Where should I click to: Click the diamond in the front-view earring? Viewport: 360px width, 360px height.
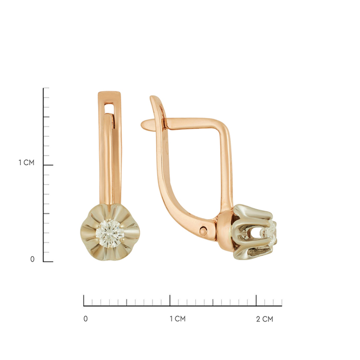pos(110,233)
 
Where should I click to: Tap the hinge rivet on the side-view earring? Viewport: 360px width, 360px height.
pos(203,230)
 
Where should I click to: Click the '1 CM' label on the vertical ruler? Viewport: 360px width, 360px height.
pos(26,163)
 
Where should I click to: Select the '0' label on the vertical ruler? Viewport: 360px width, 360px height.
pos(32,259)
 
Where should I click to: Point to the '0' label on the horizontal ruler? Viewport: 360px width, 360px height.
pos(85,319)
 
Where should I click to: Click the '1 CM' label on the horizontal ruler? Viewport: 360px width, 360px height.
pos(177,319)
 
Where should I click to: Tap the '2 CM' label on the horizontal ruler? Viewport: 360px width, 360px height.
pos(265,319)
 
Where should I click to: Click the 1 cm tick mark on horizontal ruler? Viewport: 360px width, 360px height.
pos(170,300)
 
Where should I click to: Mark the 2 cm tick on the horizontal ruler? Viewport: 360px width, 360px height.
pos(256,300)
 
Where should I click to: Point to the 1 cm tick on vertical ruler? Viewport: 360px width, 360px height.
pos(48,165)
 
